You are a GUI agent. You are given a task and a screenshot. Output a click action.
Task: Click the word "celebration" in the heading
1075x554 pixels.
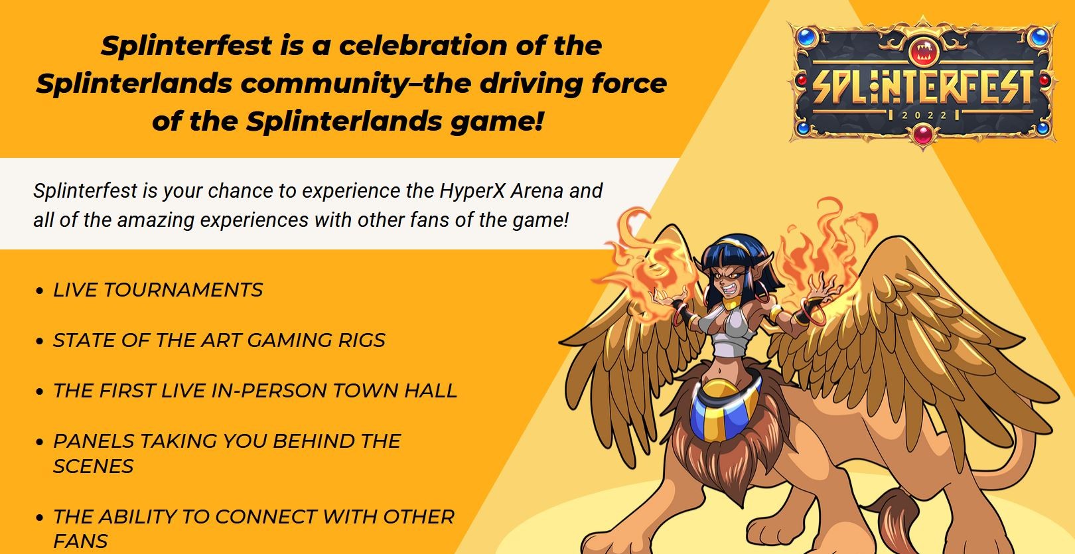click(x=423, y=46)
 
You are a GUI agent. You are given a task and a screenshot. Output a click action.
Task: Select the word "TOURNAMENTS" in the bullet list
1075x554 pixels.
click(x=183, y=290)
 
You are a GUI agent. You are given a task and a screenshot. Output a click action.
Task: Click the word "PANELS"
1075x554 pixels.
click(x=94, y=441)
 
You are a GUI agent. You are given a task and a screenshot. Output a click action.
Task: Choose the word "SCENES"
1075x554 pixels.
click(x=93, y=466)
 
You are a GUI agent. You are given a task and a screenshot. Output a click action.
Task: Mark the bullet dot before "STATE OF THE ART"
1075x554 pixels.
click(x=40, y=341)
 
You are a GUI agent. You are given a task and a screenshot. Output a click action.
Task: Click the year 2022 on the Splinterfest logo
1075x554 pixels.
click(x=924, y=115)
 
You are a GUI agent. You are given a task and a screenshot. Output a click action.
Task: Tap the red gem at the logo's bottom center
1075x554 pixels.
click(x=923, y=133)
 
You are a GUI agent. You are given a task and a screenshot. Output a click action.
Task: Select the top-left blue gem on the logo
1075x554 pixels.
click(x=808, y=36)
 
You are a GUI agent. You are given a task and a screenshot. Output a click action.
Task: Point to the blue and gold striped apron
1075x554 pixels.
click(x=724, y=410)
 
